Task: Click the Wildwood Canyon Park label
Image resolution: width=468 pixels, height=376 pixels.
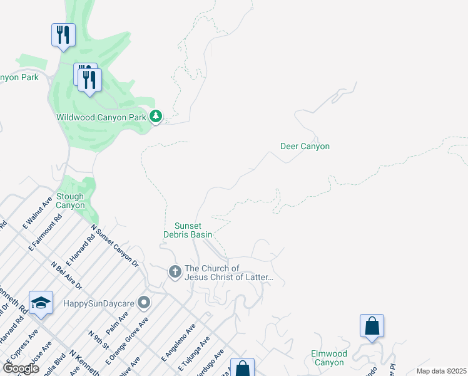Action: coord(100,117)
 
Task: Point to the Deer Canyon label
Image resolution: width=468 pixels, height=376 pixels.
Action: coord(305,146)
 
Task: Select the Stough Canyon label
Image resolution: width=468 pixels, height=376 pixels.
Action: coord(70,201)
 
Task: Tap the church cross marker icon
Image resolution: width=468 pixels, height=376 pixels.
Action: coord(175,272)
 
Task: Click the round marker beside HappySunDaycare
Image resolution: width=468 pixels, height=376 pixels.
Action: coord(144,303)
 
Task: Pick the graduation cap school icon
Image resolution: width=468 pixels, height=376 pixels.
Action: coord(41,303)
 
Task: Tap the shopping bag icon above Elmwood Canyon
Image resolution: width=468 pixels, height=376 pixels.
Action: coord(372,326)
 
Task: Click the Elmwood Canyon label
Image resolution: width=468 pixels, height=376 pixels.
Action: coord(328,358)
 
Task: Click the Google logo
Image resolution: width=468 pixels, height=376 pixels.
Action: coord(21,368)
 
